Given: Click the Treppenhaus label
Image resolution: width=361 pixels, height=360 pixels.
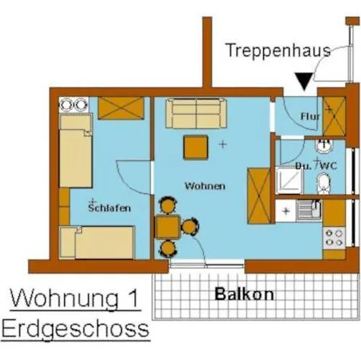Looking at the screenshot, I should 278,51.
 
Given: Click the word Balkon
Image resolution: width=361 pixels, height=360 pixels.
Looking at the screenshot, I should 244,294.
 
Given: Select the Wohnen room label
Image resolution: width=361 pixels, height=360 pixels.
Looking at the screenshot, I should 205,185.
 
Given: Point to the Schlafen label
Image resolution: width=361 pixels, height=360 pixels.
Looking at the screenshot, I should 109,208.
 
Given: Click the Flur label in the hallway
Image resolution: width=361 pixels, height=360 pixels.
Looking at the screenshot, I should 310,117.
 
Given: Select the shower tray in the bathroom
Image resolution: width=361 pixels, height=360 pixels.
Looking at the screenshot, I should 288,180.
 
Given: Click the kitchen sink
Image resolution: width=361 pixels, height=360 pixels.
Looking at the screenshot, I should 308,211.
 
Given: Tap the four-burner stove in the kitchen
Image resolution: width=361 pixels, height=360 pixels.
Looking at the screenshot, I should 333,237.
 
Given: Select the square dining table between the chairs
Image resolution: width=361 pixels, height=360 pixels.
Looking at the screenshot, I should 168,227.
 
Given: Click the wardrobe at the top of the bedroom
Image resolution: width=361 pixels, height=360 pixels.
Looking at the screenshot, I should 125,107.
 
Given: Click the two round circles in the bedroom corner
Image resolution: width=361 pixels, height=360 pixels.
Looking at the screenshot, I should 72,103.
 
